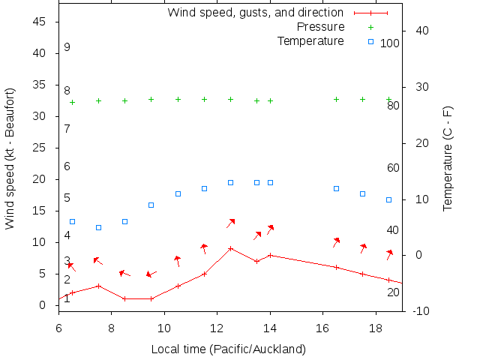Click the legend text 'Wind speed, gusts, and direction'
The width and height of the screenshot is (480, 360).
(255, 13)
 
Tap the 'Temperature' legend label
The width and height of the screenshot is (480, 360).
(310, 40)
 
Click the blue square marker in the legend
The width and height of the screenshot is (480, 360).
(370, 41)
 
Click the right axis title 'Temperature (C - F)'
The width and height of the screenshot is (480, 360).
(448, 158)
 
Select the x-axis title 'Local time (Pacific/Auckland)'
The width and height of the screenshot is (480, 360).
(229, 349)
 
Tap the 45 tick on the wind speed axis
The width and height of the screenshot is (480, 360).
(40, 22)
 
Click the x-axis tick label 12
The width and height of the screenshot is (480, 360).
(217, 328)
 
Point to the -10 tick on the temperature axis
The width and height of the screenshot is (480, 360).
(421, 310)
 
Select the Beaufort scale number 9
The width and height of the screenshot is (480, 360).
(67, 47)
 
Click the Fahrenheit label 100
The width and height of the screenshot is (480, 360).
(390, 43)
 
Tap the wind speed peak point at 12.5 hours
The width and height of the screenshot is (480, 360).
(230, 248)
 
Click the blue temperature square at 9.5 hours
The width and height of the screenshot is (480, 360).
(151, 205)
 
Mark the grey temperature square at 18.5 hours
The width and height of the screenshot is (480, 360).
(388, 199)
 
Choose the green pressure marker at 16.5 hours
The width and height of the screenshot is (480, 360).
(336, 99)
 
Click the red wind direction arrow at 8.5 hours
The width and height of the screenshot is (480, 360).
(124, 274)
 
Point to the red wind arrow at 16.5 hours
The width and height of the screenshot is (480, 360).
(337, 242)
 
